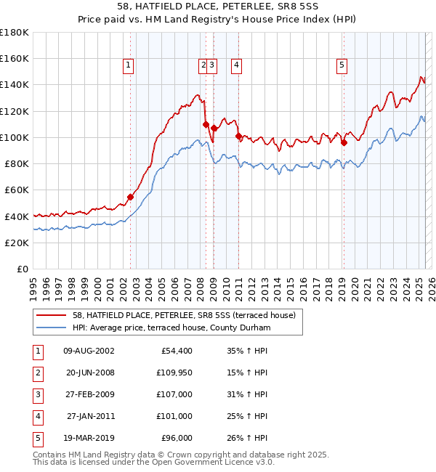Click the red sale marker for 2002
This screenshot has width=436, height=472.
tap(131, 197)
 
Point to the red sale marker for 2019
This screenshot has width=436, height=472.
tap(344, 142)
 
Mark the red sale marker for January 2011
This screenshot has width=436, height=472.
tap(238, 136)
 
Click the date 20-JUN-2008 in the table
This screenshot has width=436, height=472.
tap(89, 373)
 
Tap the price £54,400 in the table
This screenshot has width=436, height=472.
tap(177, 351)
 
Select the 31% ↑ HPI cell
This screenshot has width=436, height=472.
tap(248, 394)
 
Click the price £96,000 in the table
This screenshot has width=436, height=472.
tap(177, 438)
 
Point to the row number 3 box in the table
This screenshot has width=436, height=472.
tap(36, 394)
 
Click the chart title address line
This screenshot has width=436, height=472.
tap(218, 7)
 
